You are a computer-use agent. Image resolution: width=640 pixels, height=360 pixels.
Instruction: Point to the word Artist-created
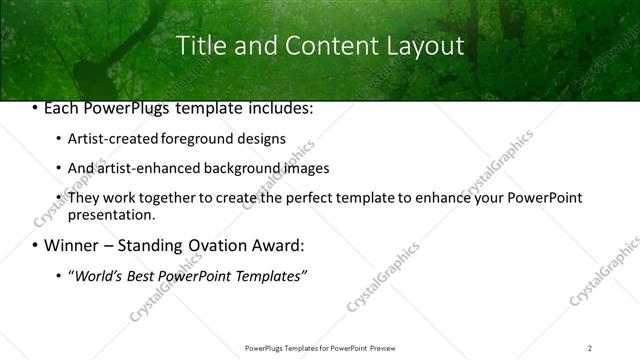click(x=107, y=139)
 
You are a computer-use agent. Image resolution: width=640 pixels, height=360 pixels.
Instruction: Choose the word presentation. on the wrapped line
click(x=112, y=215)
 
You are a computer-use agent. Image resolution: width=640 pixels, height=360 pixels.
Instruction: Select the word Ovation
click(x=215, y=245)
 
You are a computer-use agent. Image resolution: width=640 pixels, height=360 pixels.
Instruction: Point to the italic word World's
click(x=99, y=275)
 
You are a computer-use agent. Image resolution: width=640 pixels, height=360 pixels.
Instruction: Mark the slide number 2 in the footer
click(x=590, y=347)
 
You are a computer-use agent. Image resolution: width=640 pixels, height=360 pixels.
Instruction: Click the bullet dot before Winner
click(x=35, y=245)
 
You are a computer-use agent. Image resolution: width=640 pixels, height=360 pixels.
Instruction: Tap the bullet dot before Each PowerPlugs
click(x=35, y=109)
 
